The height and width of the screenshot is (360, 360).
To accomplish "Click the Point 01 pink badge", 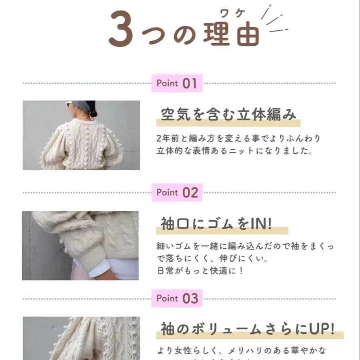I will click(177, 83).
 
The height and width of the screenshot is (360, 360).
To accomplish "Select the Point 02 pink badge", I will click(177, 193).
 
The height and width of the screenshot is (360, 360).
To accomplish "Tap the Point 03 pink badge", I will click(177, 299).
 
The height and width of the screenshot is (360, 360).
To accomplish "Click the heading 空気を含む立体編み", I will click(228, 114).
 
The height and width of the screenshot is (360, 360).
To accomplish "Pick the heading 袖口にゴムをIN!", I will click(216, 224).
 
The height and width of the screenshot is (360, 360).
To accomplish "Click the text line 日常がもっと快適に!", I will click(200, 271).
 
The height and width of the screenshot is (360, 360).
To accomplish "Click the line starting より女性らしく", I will click(241, 350).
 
